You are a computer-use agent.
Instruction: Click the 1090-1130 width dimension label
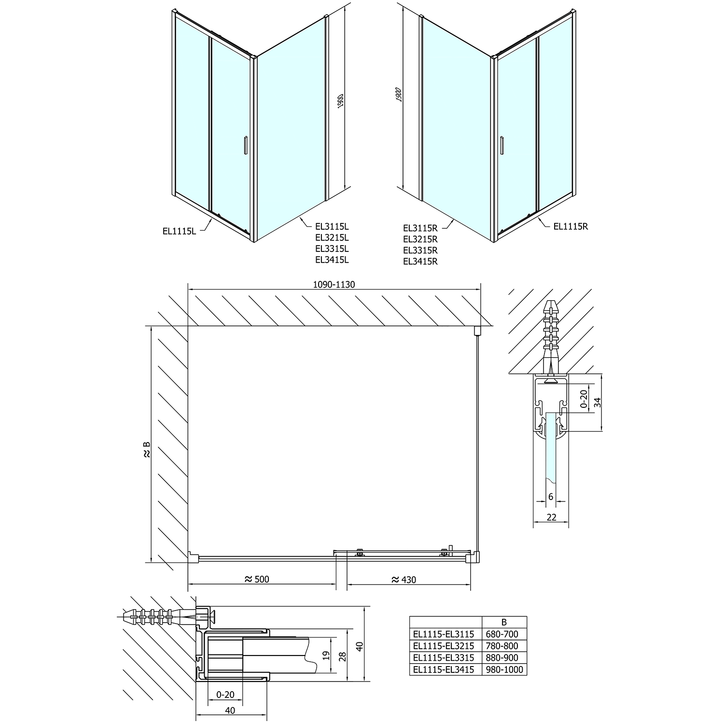(334, 284)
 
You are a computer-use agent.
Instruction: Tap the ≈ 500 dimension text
(257, 579)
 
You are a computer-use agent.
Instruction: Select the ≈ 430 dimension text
(404, 579)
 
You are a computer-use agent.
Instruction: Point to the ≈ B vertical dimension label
(147, 449)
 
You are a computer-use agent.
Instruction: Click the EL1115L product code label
(180, 231)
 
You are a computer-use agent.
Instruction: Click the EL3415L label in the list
(332, 260)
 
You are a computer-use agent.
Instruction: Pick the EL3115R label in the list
(420, 227)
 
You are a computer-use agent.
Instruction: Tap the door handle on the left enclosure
(246, 145)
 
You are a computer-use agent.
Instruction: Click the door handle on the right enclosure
(503, 145)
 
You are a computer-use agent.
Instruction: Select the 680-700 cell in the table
(504, 634)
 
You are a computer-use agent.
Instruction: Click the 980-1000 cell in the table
(504, 669)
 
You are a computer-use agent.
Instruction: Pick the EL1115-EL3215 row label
(444, 646)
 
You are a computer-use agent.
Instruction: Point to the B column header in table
(504, 623)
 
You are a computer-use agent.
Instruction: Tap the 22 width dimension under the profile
(552, 517)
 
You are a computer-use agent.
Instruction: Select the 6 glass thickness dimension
(550, 497)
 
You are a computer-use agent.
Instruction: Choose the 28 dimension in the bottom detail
(342, 655)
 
